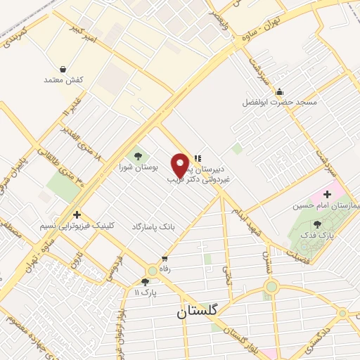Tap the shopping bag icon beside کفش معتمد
tap(64, 70)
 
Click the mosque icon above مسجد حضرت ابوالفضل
tap(280, 91)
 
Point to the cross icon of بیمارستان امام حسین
tap(327, 193)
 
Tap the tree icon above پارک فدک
tap(317, 224)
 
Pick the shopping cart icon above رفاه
tap(165, 258)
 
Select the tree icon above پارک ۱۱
tap(145, 282)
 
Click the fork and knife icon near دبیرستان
tap(198, 158)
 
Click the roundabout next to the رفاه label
tap(153, 270)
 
